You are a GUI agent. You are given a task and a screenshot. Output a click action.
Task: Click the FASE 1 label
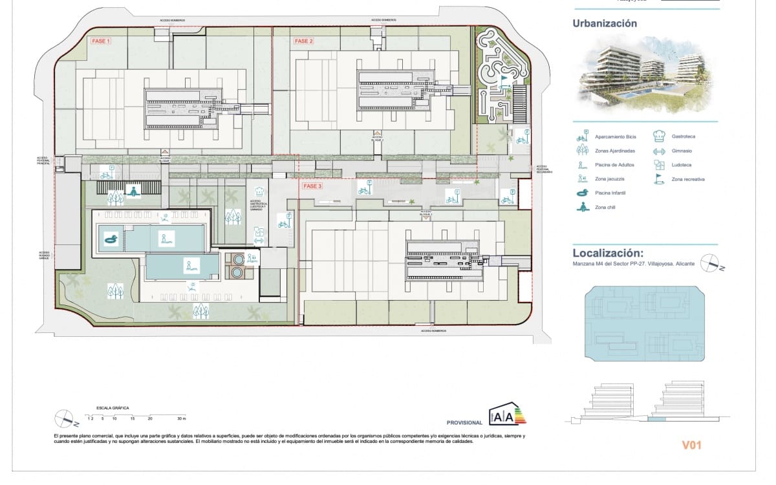point(101,41)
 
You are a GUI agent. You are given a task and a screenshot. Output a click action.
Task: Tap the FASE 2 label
point(304,41)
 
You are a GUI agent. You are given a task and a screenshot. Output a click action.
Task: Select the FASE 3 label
point(312,186)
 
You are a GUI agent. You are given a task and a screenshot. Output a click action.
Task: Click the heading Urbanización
point(605,24)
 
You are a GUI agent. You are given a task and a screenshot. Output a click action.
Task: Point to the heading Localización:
point(609,253)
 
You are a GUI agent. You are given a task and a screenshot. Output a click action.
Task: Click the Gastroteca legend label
point(684,136)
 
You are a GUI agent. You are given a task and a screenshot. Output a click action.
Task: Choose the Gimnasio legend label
point(682,151)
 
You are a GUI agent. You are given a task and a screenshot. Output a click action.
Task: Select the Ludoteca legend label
point(682,165)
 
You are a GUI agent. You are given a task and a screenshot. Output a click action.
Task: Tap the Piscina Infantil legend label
point(610,193)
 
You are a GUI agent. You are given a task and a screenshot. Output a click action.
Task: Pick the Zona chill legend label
point(606,208)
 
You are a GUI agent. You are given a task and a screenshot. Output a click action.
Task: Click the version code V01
point(691,445)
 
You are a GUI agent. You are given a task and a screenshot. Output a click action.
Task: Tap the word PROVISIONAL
point(464,422)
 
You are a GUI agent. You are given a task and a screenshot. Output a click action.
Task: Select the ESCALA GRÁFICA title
point(113,408)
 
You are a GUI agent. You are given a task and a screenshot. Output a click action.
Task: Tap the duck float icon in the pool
point(111,240)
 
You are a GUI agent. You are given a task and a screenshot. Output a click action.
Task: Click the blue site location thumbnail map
point(643,325)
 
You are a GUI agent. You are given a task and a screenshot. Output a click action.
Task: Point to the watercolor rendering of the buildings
point(645,77)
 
